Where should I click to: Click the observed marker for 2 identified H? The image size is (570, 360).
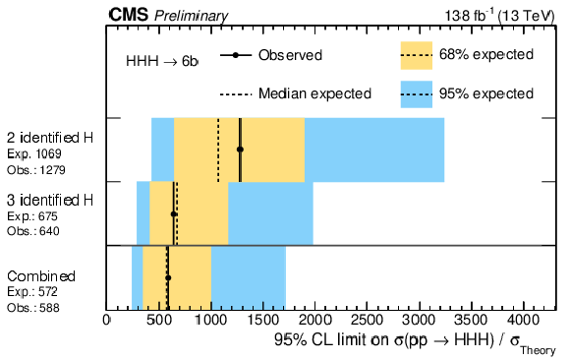click(x=240, y=150)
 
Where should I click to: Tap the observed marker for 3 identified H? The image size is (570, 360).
click(x=174, y=214)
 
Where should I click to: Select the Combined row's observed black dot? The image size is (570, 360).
click(x=168, y=277)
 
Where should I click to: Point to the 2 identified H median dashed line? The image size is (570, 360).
click(x=218, y=150)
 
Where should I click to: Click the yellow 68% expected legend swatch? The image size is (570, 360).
click(x=417, y=55)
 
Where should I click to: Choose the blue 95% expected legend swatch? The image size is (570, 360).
click(x=417, y=94)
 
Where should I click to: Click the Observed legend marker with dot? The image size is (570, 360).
click(x=236, y=55)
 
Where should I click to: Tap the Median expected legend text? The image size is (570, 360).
click(x=314, y=93)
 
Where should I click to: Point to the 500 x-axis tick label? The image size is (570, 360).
click(x=158, y=321)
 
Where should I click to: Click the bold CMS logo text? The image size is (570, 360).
click(x=129, y=16)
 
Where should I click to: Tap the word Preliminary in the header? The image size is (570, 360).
click(x=192, y=16)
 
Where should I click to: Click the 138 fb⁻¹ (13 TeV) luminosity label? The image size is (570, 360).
click(x=500, y=16)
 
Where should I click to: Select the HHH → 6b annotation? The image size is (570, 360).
click(x=162, y=61)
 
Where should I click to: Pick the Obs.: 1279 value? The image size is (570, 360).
click(x=36, y=170)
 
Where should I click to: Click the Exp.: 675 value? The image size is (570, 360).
click(x=32, y=216)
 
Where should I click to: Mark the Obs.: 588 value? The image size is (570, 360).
click(x=33, y=308)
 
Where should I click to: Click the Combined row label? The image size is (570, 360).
click(x=41, y=276)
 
